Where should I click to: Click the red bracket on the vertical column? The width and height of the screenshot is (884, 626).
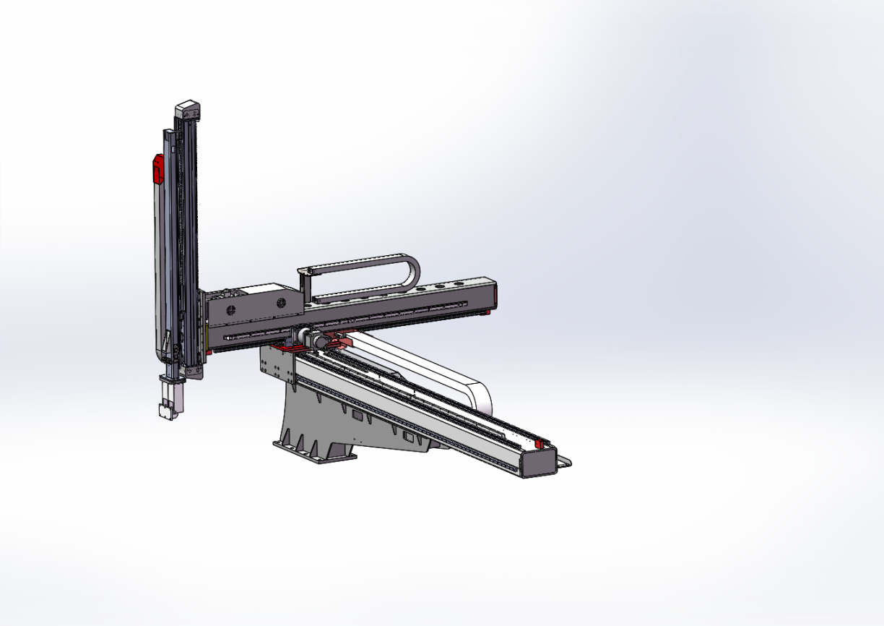155,169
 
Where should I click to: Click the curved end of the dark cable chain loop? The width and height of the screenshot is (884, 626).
412,273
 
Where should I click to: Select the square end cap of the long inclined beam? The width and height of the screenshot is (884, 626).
537,463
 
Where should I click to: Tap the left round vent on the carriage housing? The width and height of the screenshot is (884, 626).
233,310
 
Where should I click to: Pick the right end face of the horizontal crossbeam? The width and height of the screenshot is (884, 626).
493,293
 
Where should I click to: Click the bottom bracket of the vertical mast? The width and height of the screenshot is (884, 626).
192,371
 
